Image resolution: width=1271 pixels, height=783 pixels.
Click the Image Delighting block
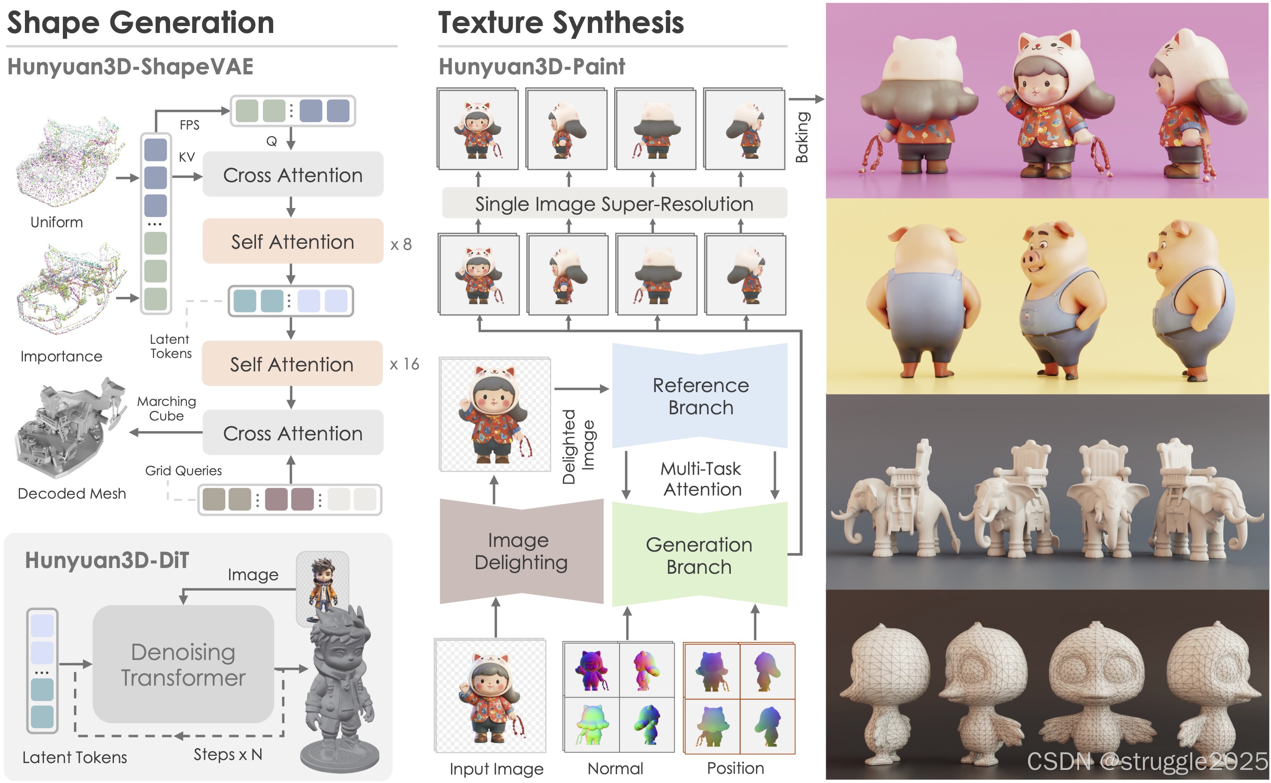click(521, 551)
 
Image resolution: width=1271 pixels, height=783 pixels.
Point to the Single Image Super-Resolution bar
click(614, 204)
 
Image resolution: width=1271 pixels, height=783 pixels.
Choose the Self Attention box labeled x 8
click(292, 241)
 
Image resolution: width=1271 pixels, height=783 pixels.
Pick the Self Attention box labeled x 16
click(292, 364)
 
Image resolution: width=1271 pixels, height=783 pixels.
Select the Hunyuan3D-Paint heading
click(532, 67)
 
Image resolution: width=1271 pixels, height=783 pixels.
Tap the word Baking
click(802, 137)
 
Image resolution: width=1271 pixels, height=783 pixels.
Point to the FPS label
click(190, 125)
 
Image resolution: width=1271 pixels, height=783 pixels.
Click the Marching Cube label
click(166, 409)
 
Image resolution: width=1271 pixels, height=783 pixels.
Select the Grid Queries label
click(183, 470)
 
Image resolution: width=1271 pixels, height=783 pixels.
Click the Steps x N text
click(228, 755)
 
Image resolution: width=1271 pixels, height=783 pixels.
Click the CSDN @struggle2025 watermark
click(1147, 761)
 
